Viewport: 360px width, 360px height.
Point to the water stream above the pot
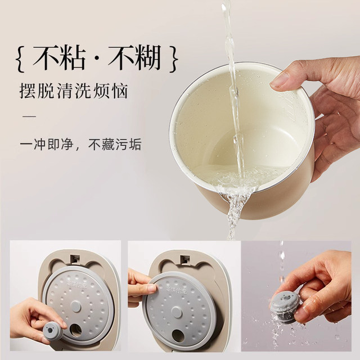point(229,34)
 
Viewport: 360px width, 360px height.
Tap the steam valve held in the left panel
point(53,331)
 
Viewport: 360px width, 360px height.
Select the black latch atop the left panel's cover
point(73,259)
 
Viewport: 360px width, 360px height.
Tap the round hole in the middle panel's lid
point(178,335)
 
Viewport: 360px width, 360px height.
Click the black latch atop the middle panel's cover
point(184,259)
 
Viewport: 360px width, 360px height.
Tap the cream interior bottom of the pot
point(236,169)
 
